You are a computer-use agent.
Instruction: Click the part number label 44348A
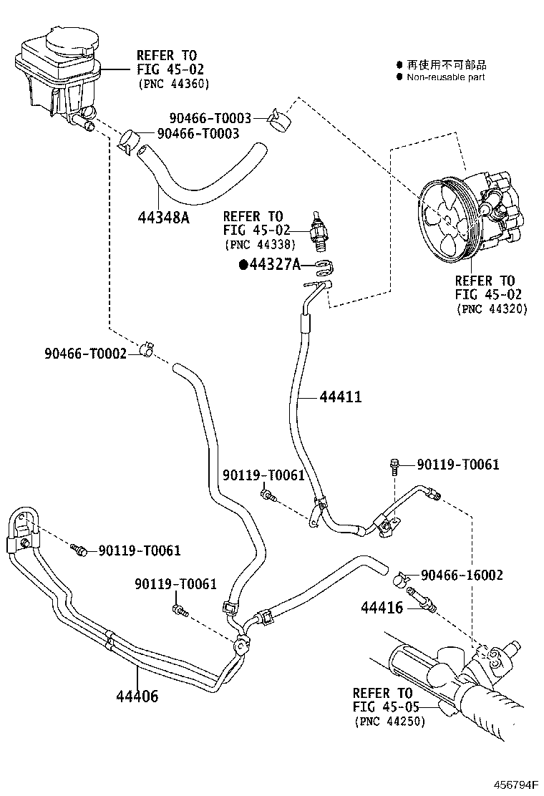point(163,217)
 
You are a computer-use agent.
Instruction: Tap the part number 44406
point(137,695)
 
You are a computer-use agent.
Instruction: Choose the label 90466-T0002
point(85,353)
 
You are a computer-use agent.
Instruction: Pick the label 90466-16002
point(462,575)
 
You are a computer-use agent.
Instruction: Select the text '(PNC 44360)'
point(172,84)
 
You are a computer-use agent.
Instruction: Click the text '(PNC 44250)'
point(389,721)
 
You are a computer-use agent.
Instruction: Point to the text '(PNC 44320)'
point(491,309)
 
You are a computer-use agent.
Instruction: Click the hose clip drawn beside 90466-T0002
point(149,349)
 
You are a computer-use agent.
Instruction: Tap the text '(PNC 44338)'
point(254,244)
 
